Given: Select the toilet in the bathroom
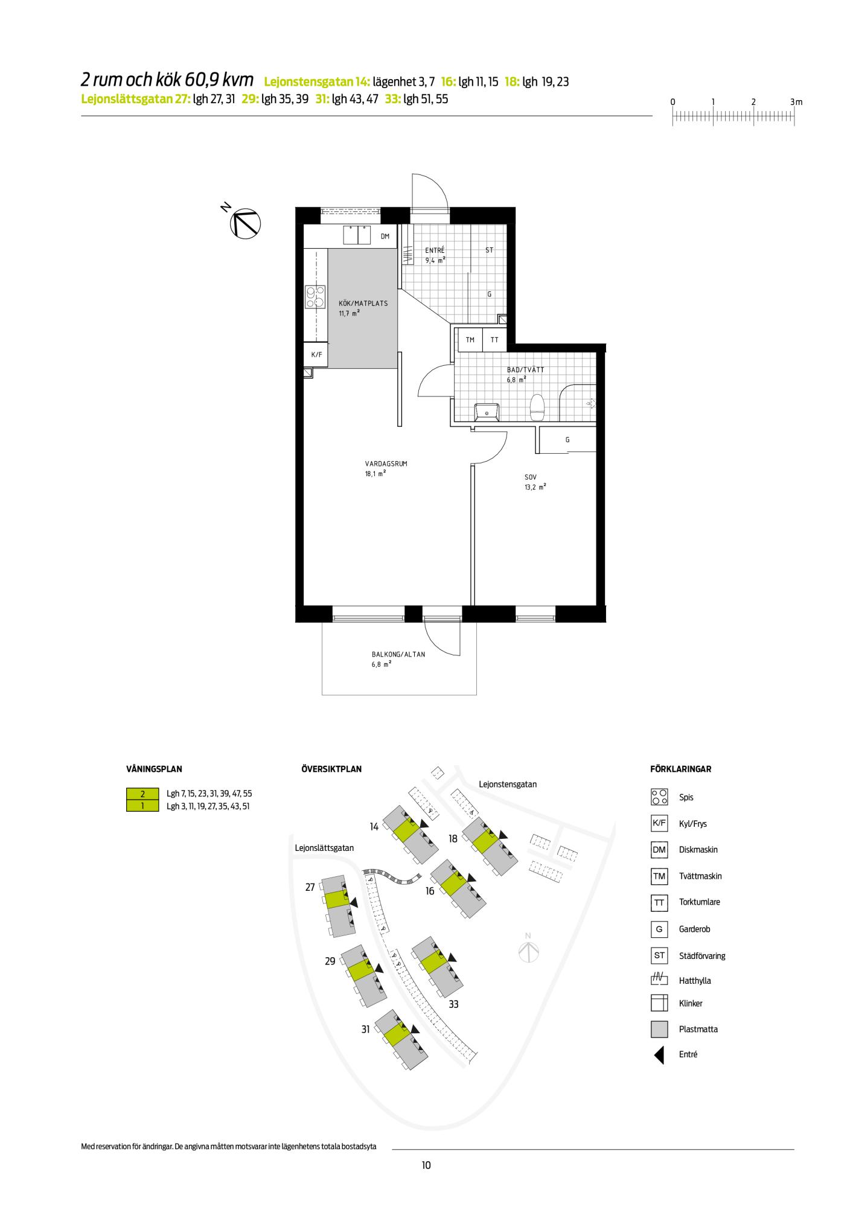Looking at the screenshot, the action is pyautogui.click(x=537, y=407).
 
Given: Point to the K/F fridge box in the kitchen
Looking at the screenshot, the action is pyautogui.click(x=316, y=355).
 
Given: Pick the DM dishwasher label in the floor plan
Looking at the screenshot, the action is pyautogui.click(x=385, y=237).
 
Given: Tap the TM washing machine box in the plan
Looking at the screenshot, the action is pyautogui.click(x=470, y=340).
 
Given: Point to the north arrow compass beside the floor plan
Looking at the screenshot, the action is pyautogui.click(x=245, y=222).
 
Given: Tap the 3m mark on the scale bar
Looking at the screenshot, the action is pyautogui.click(x=796, y=102).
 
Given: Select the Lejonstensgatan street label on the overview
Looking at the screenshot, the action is pyautogui.click(x=508, y=784).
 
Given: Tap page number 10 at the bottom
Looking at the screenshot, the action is pyautogui.click(x=426, y=1165).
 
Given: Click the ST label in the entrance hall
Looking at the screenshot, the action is pyautogui.click(x=489, y=249).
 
